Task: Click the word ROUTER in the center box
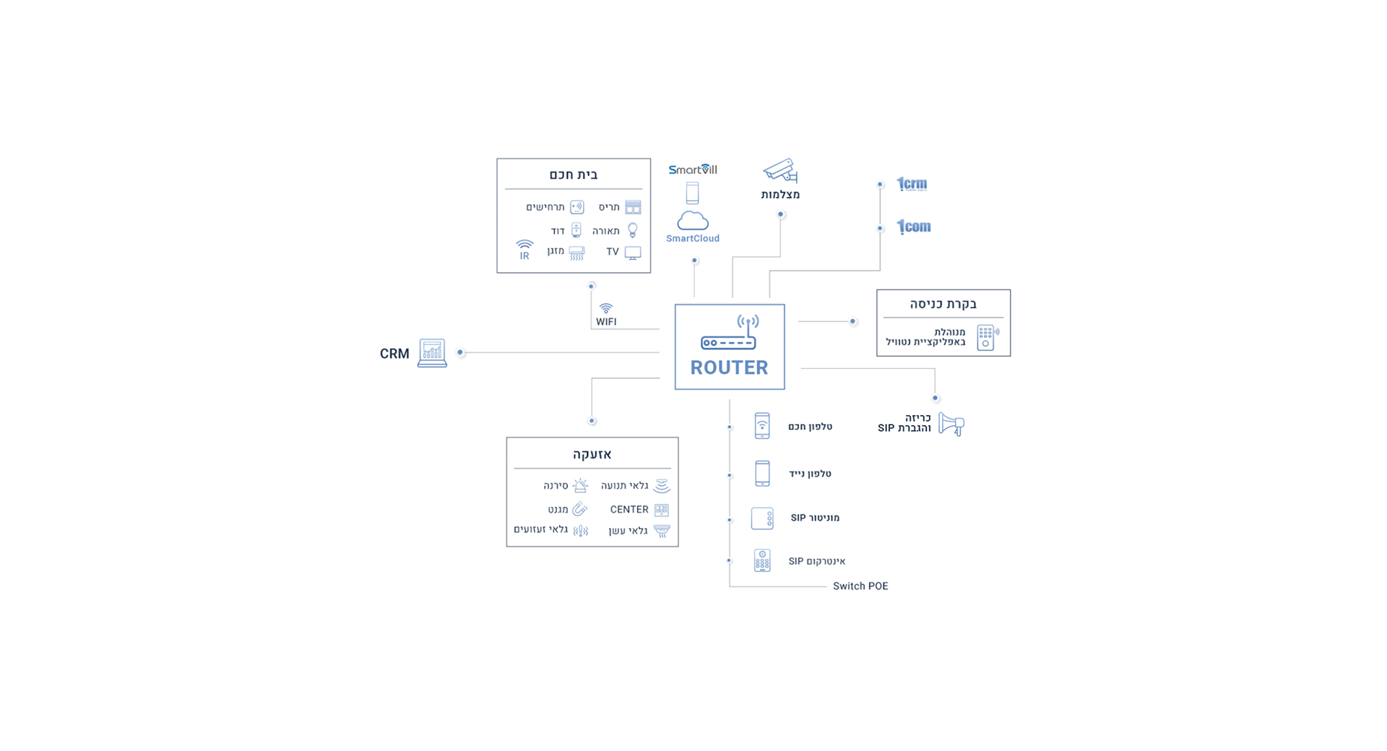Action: point(729,368)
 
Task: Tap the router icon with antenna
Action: point(729,333)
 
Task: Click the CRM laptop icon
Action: point(432,353)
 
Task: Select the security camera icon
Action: point(780,171)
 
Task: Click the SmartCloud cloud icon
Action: point(692,220)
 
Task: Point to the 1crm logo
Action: point(912,184)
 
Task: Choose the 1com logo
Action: point(914,227)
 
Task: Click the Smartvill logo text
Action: point(692,170)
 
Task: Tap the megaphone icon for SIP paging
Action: point(951,424)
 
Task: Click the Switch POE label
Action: point(860,586)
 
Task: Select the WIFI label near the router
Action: point(606,322)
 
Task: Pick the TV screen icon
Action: point(633,253)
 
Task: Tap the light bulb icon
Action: point(633,230)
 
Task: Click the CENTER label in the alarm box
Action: point(629,510)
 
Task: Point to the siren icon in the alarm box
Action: point(580,485)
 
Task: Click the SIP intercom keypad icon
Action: point(762,560)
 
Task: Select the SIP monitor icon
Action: point(762,518)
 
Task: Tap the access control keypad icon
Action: point(987,337)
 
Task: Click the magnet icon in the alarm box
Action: point(579,510)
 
